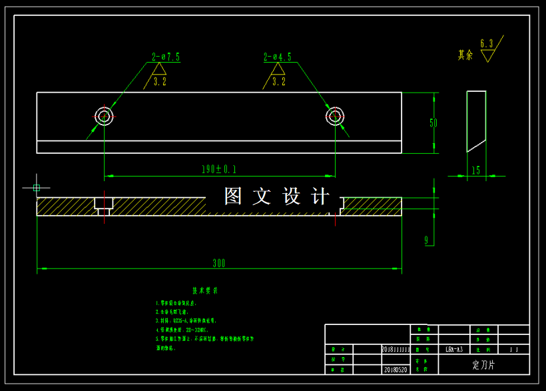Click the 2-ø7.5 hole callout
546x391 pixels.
[x=166, y=57]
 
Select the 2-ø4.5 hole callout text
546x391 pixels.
[x=278, y=57]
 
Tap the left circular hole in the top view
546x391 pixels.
[x=104, y=117]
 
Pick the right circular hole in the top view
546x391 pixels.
[x=334, y=117]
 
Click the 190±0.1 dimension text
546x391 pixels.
[x=219, y=169]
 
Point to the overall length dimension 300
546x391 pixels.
[x=219, y=264]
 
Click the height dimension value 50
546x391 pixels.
[x=433, y=123]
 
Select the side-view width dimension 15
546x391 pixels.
[x=476, y=171]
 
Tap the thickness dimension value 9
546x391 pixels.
[x=427, y=240]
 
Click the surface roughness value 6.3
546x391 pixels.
[x=487, y=44]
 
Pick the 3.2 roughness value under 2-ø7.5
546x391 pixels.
[x=160, y=82]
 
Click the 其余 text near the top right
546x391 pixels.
[x=465, y=55]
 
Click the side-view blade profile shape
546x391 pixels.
[x=476, y=120]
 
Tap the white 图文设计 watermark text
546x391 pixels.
[x=277, y=196]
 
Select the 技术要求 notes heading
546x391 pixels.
[x=205, y=290]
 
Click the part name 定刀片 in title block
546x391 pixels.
[x=484, y=365]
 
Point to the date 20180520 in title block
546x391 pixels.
[x=395, y=370]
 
